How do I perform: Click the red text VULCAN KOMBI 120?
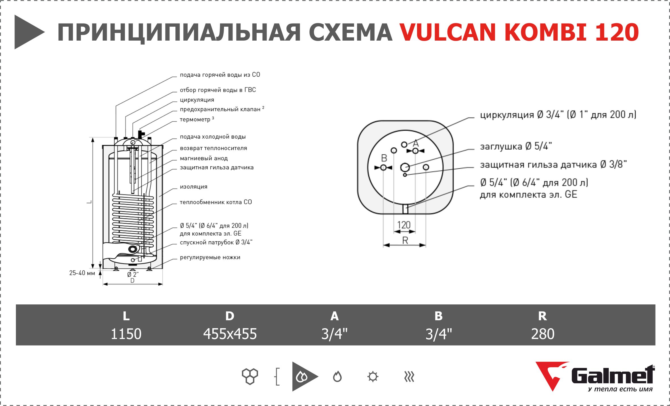coord(519,32)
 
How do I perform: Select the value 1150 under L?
coord(126,334)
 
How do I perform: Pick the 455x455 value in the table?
coord(230,334)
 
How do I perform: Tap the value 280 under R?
coord(543,334)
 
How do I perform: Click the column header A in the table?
coord(334,316)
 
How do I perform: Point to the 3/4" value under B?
coord(438,334)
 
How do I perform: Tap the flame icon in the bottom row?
coord(337,377)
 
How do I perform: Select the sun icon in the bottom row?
coord(372,377)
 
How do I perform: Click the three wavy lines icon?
coord(409,377)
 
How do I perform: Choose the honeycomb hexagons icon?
coord(250,376)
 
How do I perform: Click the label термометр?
coord(195,120)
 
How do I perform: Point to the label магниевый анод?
coord(204,158)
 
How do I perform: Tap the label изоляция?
coord(194,187)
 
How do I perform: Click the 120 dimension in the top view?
coord(404,225)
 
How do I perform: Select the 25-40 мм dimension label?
coord(82,273)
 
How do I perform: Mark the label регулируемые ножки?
coord(210,258)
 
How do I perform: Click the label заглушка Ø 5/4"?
coord(516,147)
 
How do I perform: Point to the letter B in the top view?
coord(384,158)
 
